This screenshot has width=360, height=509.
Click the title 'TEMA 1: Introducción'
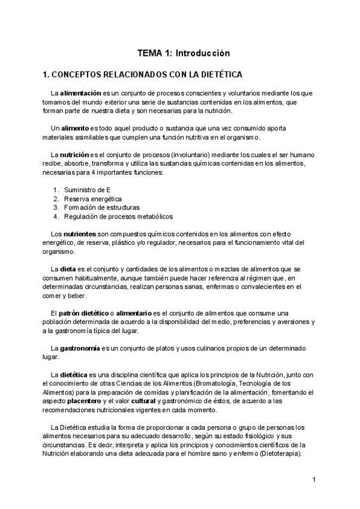pos(184,53)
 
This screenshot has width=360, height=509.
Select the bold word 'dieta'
pos(68,270)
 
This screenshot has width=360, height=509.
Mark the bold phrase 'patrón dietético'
pos(79,313)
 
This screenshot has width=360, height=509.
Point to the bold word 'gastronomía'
pos(80,348)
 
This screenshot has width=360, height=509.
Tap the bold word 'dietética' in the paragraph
pos(74,375)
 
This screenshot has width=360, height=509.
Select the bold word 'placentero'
pos(84,401)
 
